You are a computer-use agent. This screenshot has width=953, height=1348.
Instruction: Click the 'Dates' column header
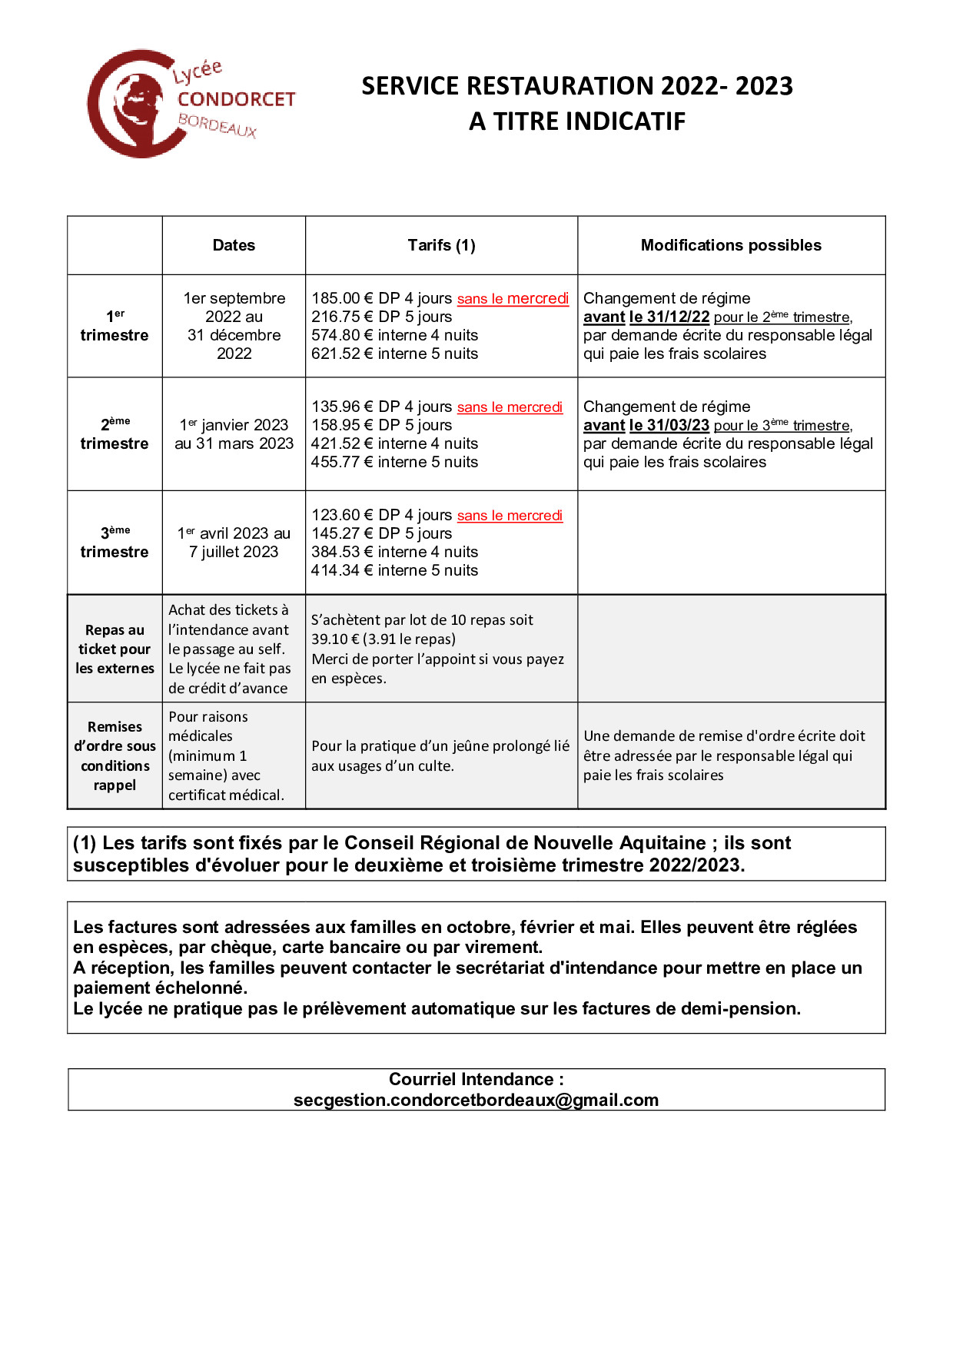[x=234, y=245]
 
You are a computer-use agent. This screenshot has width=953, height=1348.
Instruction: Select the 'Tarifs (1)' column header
[x=441, y=245]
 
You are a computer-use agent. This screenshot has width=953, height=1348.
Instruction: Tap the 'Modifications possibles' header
[x=731, y=245]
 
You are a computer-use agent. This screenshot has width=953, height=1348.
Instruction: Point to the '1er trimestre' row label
[x=115, y=326]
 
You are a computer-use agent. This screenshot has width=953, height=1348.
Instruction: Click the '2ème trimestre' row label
[x=115, y=434]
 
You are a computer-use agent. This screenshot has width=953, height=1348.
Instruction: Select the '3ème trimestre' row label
[x=115, y=543]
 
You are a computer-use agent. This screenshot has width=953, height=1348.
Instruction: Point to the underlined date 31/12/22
[x=678, y=317]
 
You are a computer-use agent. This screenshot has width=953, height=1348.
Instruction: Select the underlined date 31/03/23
[x=678, y=425]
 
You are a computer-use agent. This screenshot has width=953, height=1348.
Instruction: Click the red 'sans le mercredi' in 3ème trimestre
[x=510, y=516]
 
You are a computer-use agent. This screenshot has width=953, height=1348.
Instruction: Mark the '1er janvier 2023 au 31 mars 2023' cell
[x=234, y=434]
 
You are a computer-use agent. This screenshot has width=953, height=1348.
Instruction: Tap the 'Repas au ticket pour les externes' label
[x=115, y=649]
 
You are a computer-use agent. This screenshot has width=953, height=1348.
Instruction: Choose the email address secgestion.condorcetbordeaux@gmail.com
[x=476, y=1100]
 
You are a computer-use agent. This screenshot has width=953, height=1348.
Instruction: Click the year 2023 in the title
[x=763, y=86]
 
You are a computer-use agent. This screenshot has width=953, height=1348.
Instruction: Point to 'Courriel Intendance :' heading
[x=476, y=1079]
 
